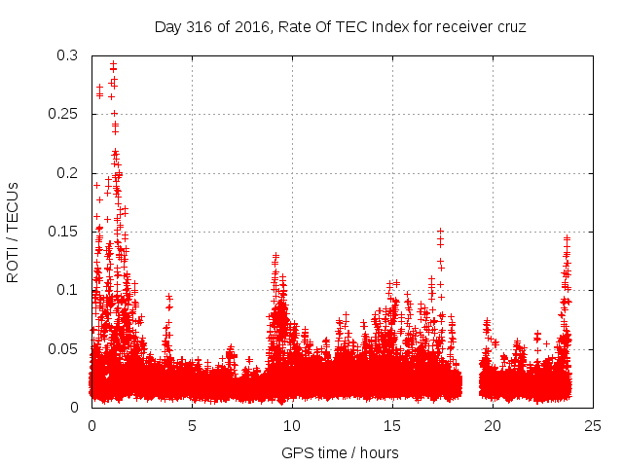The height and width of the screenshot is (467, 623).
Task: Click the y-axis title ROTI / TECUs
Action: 13,233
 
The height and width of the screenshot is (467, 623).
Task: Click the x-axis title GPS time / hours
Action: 340,452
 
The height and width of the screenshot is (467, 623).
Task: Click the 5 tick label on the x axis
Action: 192,425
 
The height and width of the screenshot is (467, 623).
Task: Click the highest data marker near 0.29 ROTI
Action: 113,64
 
